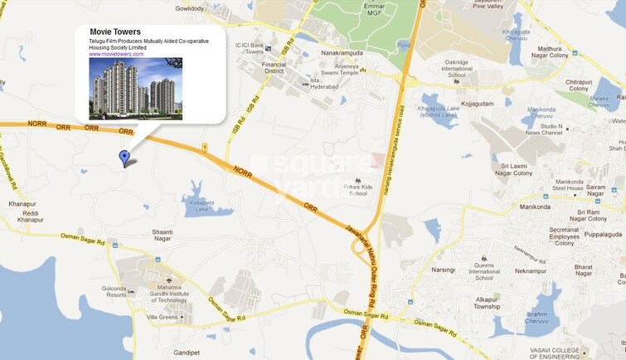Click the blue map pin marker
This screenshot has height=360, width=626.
(x=124, y=158)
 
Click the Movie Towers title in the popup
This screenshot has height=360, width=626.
(x=115, y=32)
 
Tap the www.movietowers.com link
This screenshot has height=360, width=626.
(x=116, y=54)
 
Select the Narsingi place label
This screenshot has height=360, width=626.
(x=444, y=270)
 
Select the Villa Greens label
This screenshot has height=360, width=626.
(x=163, y=317)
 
